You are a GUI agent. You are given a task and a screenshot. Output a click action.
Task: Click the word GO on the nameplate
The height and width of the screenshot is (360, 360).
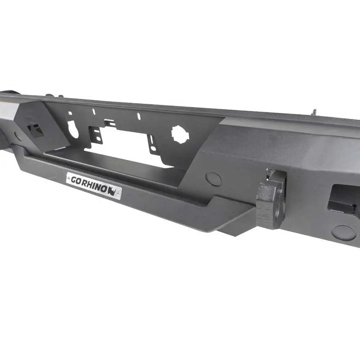click(x=76, y=180)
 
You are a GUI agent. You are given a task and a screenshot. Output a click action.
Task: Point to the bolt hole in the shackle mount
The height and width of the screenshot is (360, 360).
click(x=278, y=212)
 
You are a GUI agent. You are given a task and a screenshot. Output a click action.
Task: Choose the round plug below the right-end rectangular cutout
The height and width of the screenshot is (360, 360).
click(x=343, y=233)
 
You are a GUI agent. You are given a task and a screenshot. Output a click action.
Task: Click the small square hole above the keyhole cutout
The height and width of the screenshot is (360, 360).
click(x=70, y=113)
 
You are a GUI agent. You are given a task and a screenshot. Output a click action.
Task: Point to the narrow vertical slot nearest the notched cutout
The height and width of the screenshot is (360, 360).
click(x=138, y=116)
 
